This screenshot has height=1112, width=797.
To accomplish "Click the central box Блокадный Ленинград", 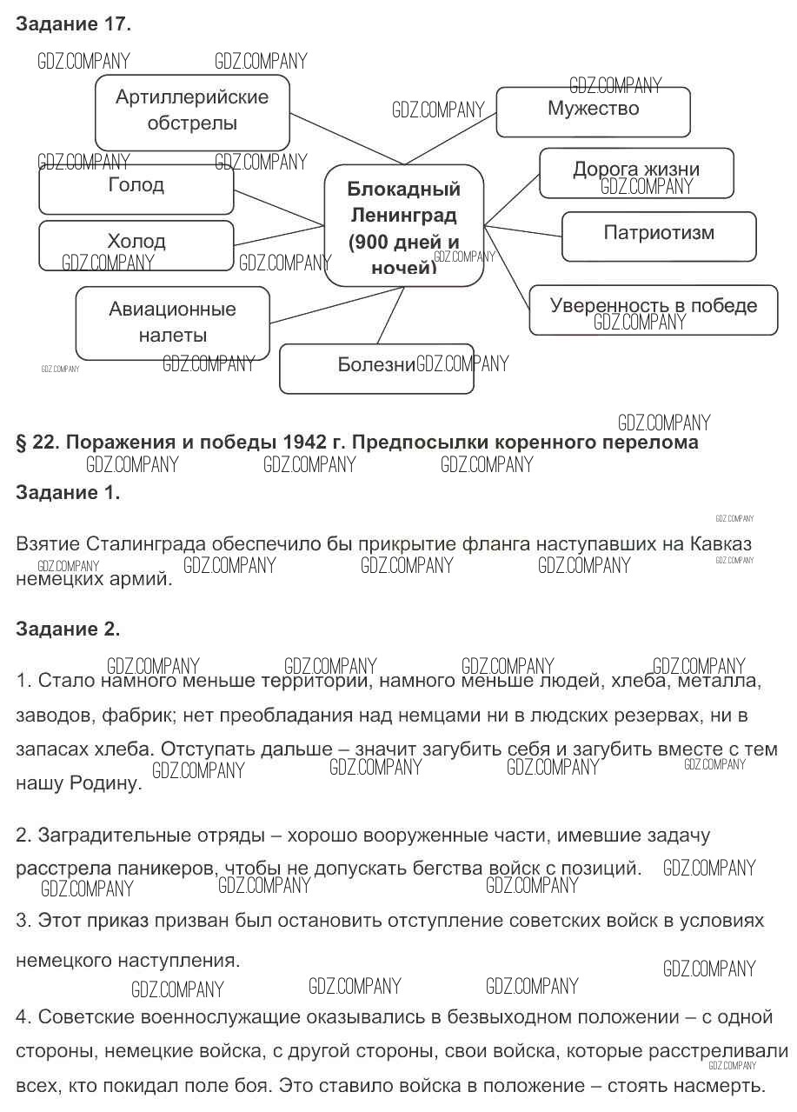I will (x=403, y=225).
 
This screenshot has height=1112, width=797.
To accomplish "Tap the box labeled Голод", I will (x=136, y=190).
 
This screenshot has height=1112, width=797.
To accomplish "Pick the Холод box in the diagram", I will (x=136, y=244).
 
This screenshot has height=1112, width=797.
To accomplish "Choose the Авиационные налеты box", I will (x=173, y=323).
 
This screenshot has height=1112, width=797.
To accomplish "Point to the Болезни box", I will (x=376, y=368).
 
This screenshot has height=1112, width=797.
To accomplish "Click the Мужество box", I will (x=593, y=111).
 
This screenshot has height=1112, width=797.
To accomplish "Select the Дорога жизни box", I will (x=636, y=172).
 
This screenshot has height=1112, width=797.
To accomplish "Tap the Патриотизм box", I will (x=659, y=236).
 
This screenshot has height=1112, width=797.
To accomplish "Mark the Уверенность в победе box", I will (x=653, y=309).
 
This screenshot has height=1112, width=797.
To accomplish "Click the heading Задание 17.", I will (x=74, y=24).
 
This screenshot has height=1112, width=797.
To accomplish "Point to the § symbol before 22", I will (x=22, y=443).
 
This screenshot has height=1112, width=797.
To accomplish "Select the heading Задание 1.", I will (x=68, y=493).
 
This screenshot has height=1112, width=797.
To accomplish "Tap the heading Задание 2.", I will (x=68, y=629).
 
